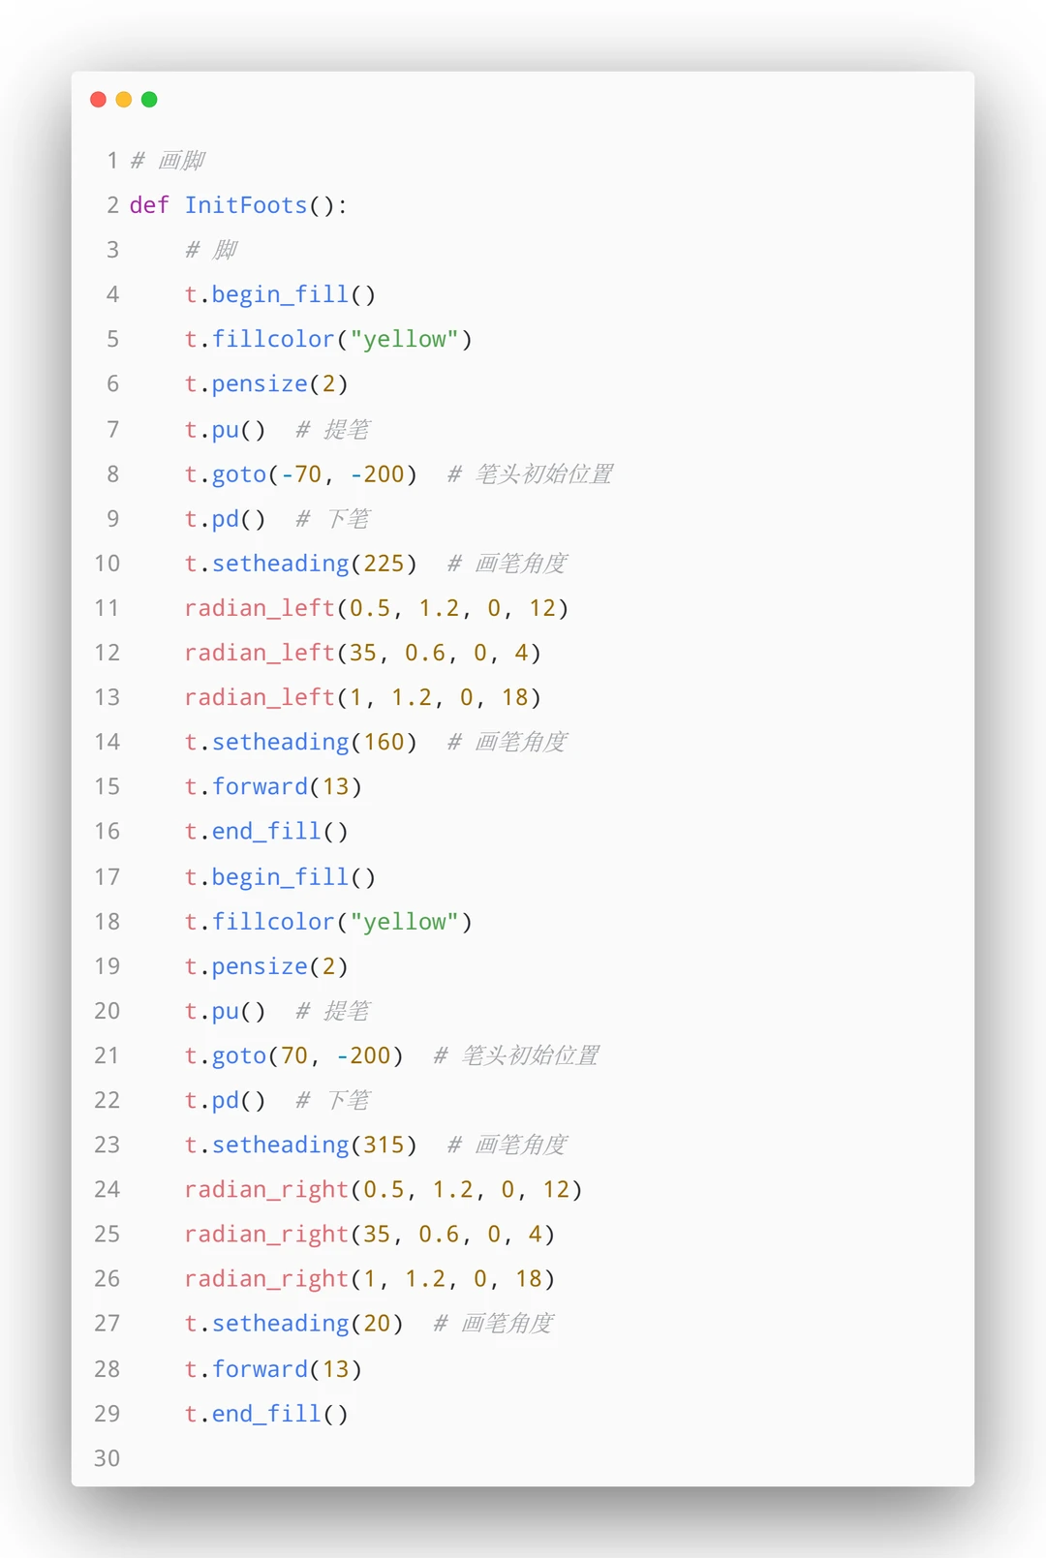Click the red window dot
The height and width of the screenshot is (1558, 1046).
tap(98, 100)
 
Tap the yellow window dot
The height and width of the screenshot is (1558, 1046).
tap(124, 100)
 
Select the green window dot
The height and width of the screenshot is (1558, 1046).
tap(149, 100)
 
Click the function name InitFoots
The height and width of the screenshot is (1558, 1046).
tap(246, 205)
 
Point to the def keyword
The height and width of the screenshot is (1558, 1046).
tap(149, 205)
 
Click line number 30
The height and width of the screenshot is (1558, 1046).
tap(108, 1458)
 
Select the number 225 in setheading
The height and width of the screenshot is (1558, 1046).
tap(384, 564)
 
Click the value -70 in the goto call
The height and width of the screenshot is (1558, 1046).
tap(301, 474)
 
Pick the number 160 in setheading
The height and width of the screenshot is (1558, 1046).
tap(384, 742)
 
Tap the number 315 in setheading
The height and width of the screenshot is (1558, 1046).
tap(384, 1145)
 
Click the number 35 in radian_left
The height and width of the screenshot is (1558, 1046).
tap(363, 653)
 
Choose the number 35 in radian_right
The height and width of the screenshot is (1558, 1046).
tap(377, 1234)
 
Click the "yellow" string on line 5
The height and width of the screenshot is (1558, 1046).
tap(404, 339)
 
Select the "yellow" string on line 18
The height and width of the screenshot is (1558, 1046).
tap(404, 922)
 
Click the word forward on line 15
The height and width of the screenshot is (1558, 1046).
tap(260, 786)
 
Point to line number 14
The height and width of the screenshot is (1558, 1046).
tap(108, 742)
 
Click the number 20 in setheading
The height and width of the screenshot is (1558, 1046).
tap(377, 1323)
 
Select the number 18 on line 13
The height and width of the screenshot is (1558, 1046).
tap(514, 697)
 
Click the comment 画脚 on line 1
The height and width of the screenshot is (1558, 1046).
tap(181, 161)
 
